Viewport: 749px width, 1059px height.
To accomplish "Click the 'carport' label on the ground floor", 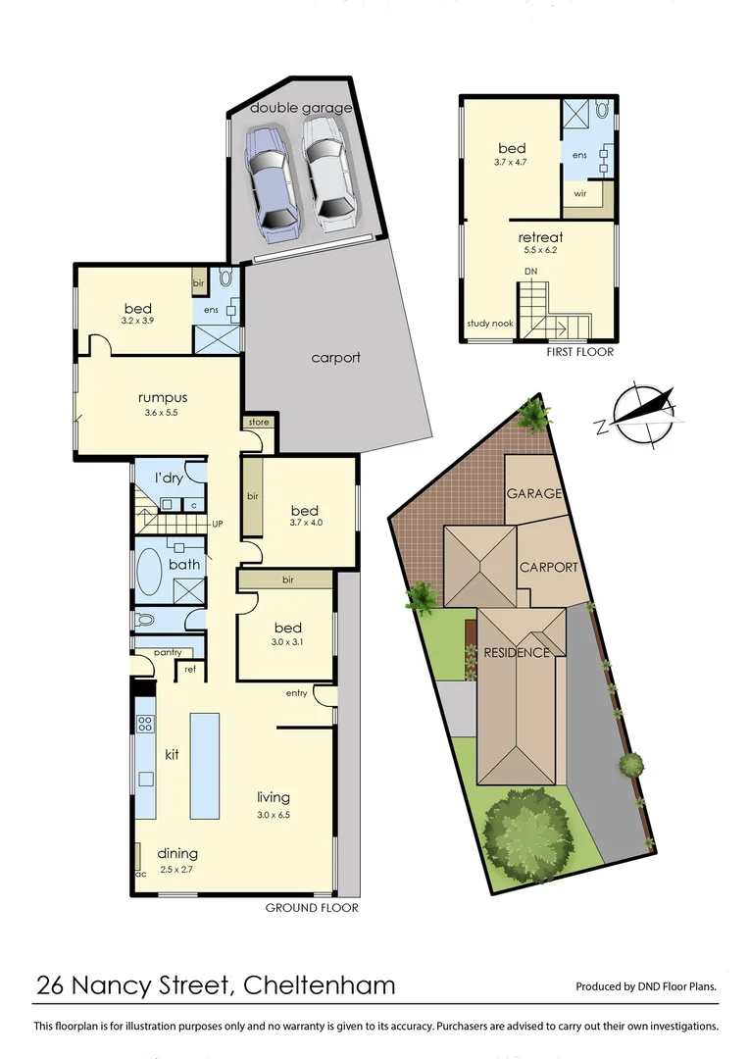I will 335,358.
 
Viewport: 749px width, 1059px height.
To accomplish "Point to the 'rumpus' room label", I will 163,398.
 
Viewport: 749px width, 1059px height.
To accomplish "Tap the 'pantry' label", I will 157,652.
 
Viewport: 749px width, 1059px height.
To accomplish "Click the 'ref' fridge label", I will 189,672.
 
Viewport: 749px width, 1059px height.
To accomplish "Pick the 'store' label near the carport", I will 259,423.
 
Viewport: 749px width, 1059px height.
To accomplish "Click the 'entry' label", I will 296,693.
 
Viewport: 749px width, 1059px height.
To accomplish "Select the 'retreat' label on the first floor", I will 540,237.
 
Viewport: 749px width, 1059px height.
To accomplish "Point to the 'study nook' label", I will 489,325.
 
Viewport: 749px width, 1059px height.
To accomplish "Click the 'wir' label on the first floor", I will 580,194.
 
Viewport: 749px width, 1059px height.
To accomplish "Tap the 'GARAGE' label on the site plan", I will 534,493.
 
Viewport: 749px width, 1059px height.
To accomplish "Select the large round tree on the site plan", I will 526,834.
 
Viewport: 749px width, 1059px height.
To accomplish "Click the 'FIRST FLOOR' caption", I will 578,352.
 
